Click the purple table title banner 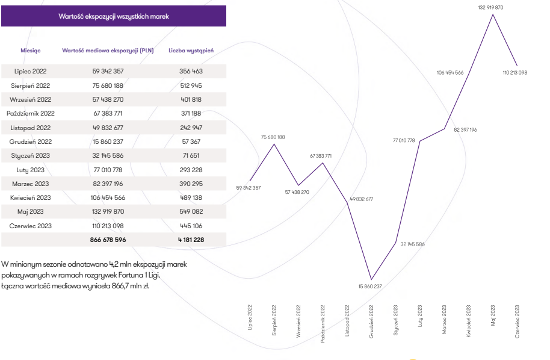(x=114, y=16)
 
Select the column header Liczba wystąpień (x=191, y=51)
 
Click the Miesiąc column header (x=31, y=51)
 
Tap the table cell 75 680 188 (x=108, y=85)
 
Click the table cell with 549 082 (x=191, y=211)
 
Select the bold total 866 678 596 (x=108, y=240)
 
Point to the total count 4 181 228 (x=191, y=240)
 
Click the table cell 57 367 (x=191, y=141)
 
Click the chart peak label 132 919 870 (x=490, y=7)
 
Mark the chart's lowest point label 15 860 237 (x=370, y=286)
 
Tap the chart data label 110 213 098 (x=514, y=72)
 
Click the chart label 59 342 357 (x=249, y=188)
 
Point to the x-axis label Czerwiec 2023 (x=517, y=321)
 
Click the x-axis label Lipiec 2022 (x=250, y=317)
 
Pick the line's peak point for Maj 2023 (x=493, y=14)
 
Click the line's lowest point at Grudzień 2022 (x=371, y=279)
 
